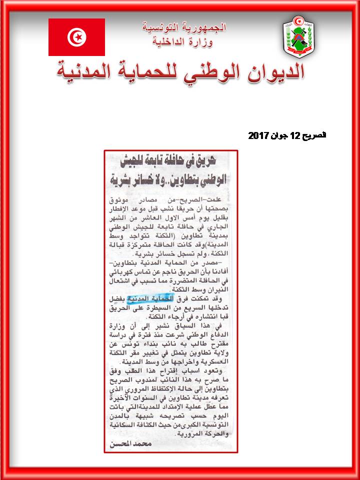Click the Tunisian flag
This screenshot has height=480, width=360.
point(76,37)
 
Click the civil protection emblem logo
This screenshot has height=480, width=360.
point(298,36)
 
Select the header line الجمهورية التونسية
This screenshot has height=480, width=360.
point(184,27)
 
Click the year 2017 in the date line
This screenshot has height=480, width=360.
point(259,135)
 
